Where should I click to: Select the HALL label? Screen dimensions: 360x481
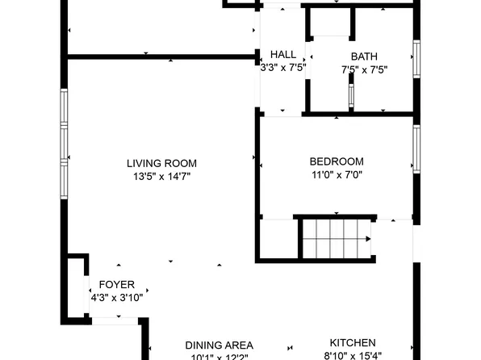282,56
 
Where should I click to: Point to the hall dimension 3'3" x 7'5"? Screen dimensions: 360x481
282,69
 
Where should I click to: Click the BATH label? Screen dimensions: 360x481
364,57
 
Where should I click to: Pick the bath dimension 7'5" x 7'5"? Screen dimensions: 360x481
364,69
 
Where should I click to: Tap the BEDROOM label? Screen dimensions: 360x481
337,161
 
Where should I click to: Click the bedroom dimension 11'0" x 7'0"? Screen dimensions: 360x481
337,174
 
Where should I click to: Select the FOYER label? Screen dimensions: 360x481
117,285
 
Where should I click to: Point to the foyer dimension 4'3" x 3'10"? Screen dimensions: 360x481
117,298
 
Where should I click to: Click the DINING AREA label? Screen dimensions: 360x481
219,344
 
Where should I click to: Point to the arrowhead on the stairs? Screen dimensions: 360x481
368,239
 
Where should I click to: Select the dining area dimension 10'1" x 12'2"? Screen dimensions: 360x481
219,356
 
